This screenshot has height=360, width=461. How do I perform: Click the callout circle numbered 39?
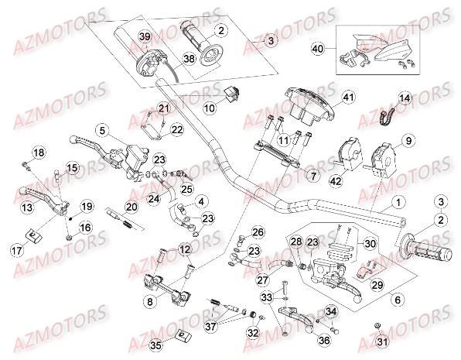point(143,38)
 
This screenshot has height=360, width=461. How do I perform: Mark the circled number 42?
point(335,181)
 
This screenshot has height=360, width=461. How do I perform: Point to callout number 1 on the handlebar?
point(397,203)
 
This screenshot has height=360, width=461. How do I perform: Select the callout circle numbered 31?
point(381,341)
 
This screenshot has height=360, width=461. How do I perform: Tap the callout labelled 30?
point(370,243)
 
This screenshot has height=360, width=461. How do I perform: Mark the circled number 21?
point(162,108)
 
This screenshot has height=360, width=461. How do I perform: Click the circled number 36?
point(323,338)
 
